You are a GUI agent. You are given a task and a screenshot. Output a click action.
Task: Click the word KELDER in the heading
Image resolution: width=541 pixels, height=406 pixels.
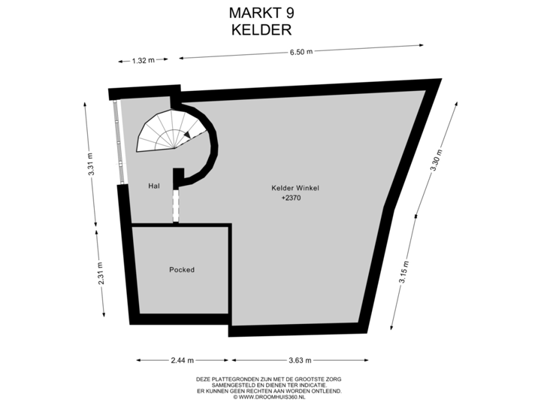[x=262, y=29]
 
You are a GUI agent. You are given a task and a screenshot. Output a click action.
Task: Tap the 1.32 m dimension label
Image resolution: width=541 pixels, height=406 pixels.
[x=143, y=60]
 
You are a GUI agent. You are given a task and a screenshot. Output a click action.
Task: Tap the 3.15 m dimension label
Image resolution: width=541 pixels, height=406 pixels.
[x=405, y=272]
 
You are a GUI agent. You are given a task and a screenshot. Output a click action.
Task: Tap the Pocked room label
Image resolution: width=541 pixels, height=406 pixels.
[x=182, y=270]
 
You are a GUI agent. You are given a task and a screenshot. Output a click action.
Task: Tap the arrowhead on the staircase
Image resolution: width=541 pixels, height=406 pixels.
[x=186, y=135]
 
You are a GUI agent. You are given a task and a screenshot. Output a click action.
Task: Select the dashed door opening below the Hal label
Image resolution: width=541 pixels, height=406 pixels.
[x=176, y=205]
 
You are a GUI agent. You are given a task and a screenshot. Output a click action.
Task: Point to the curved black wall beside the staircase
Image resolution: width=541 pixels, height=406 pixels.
[x=215, y=150]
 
